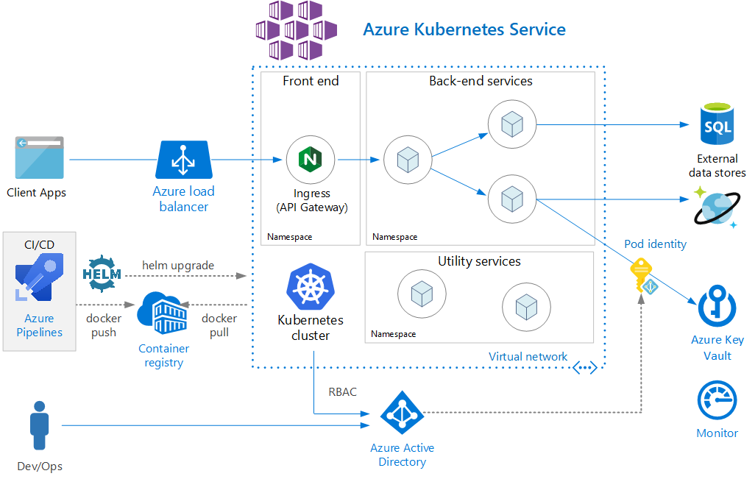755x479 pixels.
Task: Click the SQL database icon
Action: click(717, 126)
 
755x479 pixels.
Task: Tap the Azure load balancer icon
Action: click(183, 160)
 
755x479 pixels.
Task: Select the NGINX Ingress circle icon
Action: click(311, 160)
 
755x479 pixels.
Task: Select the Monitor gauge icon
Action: click(717, 400)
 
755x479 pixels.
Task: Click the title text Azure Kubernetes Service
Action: click(464, 30)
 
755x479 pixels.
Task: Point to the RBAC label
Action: click(342, 392)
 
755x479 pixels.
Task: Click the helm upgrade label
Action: click(178, 264)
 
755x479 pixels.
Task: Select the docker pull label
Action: click(219, 325)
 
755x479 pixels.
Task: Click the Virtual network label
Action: click(528, 357)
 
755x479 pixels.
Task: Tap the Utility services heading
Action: click(479, 261)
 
